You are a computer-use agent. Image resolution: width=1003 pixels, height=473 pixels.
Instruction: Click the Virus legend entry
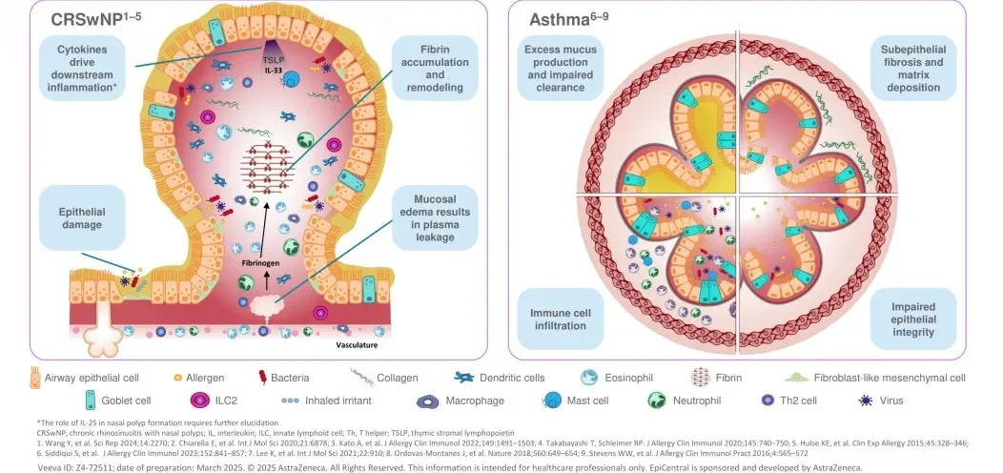point(888,401)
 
